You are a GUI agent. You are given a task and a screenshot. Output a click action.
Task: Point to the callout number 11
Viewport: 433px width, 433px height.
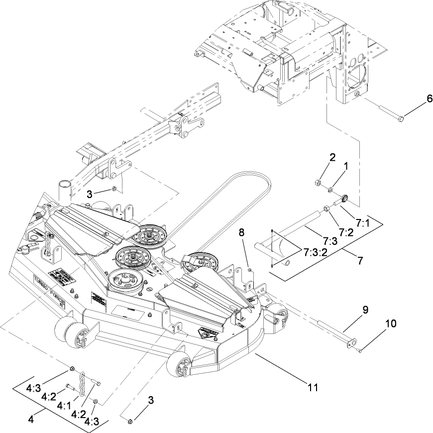313,385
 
